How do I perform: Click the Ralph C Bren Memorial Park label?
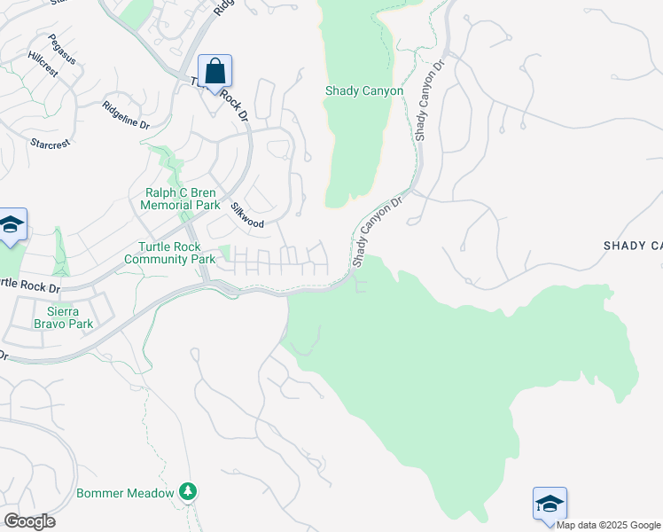click(180, 199)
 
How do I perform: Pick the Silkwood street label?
click(247, 215)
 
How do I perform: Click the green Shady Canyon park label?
click(364, 91)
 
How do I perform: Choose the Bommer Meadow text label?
click(125, 493)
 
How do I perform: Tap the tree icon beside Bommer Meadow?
click(187, 491)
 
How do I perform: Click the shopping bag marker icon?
click(214, 71)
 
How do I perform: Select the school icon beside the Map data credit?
click(550, 504)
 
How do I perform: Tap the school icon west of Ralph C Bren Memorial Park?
click(12, 225)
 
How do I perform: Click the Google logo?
click(28, 521)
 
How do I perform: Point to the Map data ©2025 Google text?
click(608, 525)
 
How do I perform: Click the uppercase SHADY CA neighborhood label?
click(633, 245)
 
